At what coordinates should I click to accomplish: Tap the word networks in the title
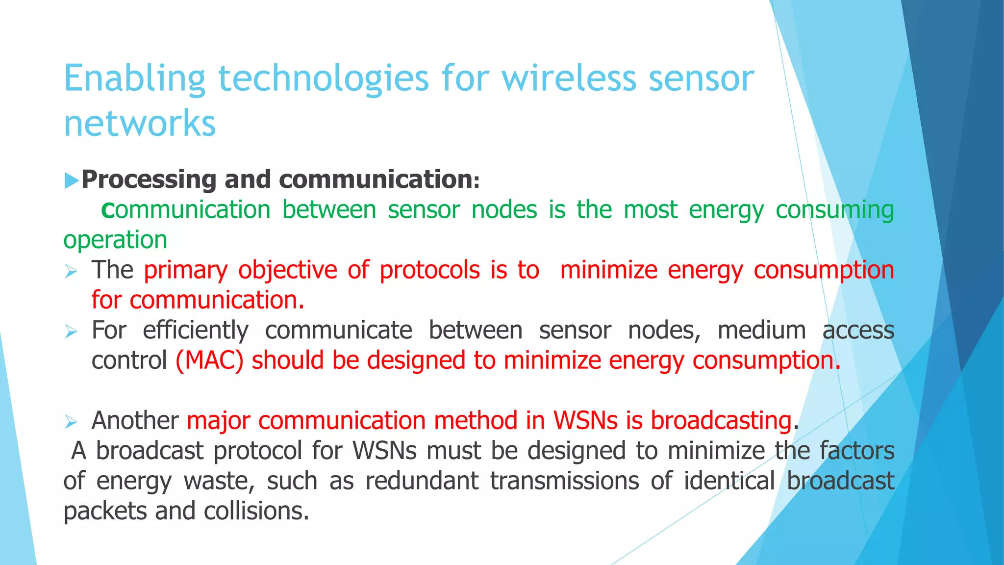(x=140, y=123)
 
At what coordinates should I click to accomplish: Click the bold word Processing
(x=149, y=180)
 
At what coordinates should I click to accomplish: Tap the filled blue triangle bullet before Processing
(x=72, y=180)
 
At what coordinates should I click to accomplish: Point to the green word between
(x=329, y=210)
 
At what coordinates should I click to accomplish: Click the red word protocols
(x=429, y=270)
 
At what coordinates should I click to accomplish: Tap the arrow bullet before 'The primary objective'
(x=72, y=271)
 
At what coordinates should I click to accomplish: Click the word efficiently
(x=195, y=331)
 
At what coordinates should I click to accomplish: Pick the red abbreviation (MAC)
(x=209, y=361)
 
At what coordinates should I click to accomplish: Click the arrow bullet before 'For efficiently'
(x=72, y=332)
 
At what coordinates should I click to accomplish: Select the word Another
(x=135, y=421)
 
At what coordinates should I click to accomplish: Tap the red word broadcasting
(x=721, y=421)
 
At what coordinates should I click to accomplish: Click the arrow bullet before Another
(x=72, y=422)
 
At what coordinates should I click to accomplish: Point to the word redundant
(x=422, y=481)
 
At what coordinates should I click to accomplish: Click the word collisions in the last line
(x=256, y=512)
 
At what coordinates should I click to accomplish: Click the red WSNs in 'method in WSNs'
(x=585, y=421)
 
